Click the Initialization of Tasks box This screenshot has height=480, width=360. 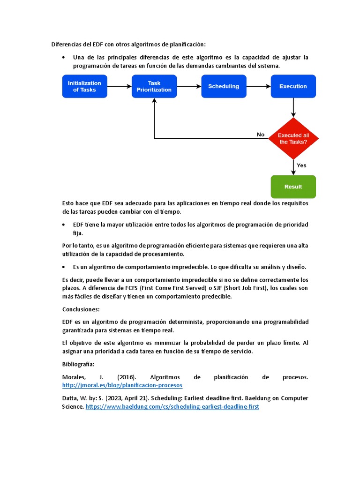[84, 86]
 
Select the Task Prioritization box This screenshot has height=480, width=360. [154, 86]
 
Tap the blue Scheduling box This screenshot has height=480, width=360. [224, 86]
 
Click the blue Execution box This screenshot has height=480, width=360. [293, 86]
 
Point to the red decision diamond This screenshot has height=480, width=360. [293, 138]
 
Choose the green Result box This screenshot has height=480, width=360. [293, 187]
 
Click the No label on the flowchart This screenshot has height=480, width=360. [261, 135]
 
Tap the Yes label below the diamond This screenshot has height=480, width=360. [301, 165]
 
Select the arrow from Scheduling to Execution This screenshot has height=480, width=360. [258, 86]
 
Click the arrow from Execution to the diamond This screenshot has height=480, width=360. [293, 107]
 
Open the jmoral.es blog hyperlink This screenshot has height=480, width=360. [122, 385]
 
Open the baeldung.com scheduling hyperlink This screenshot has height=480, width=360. [172, 407]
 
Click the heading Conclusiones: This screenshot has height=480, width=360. [81, 309]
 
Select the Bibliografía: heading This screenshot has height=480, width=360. [78, 364]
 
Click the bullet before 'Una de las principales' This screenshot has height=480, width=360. [64, 58]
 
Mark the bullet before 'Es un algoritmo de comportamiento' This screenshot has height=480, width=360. [64, 267]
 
